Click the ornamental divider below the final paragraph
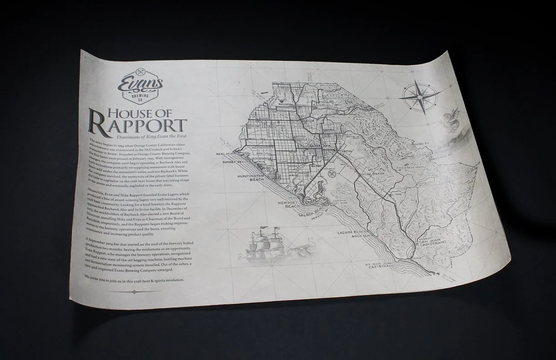(134, 291)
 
